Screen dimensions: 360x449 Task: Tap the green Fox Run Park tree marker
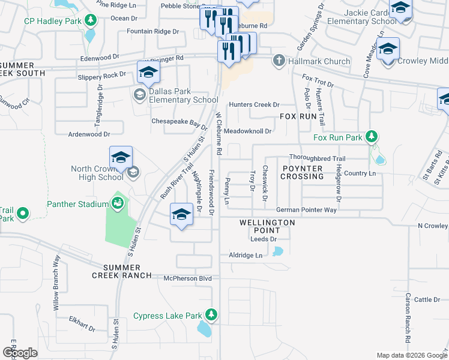tap(372, 137)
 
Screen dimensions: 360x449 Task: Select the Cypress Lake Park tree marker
tap(211, 315)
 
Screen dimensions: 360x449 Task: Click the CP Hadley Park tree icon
tap(90, 21)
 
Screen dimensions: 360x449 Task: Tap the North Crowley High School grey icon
tap(133, 173)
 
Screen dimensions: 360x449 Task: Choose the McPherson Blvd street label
tap(188, 278)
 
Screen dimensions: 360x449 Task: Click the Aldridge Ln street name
tap(246, 256)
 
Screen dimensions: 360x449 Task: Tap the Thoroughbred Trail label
tap(318, 158)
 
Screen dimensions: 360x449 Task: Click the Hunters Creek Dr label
tap(254, 104)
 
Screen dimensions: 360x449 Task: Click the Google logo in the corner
tap(20, 353)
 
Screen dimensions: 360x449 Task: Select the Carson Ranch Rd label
tap(408, 318)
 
